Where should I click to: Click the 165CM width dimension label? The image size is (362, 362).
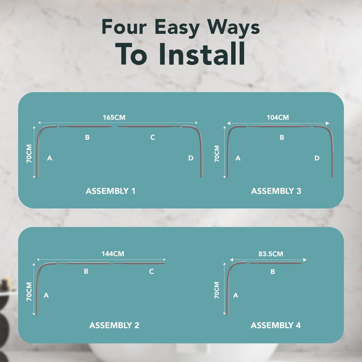[114, 117]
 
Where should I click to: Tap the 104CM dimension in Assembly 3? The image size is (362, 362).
[278, 117]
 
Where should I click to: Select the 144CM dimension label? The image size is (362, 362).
[113, 254]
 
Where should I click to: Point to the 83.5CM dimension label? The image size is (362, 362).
[270, 254]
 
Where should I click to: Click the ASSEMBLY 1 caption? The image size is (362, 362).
[110, 191]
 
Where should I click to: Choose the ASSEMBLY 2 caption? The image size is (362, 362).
[114, 325]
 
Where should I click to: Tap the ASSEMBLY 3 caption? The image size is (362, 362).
[276, 191]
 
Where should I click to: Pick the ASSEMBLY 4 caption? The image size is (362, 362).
[276, 325]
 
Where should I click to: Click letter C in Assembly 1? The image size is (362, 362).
[153, 138]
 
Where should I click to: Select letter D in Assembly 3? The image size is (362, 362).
[317, 158]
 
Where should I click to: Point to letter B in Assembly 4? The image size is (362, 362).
[273, 271]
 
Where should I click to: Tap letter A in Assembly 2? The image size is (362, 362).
[46, 295]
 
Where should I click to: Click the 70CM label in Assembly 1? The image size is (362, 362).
[29, 154]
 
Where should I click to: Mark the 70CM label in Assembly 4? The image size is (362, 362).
[217, 290]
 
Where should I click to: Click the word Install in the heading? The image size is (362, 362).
[202, 54]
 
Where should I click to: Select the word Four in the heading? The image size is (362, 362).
[124, 27]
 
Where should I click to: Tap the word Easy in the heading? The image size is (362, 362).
[177, 28]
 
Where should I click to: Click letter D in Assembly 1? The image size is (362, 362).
[191, 158]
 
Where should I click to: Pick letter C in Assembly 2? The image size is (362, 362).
[151, 271]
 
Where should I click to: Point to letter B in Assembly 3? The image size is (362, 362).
[282, 138]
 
